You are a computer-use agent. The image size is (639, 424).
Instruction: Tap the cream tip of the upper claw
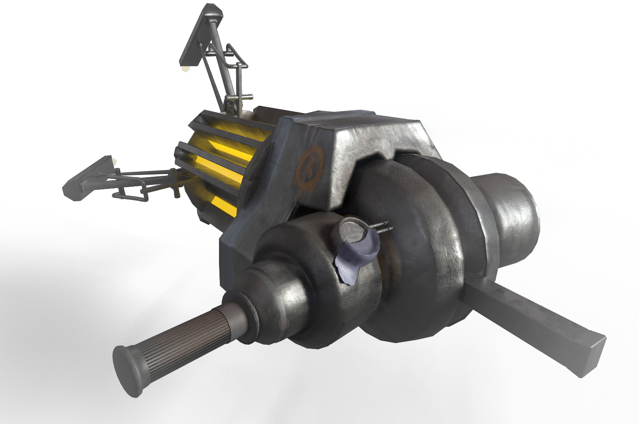point(186,69)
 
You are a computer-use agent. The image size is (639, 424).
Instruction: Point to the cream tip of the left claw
point(115,161)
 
